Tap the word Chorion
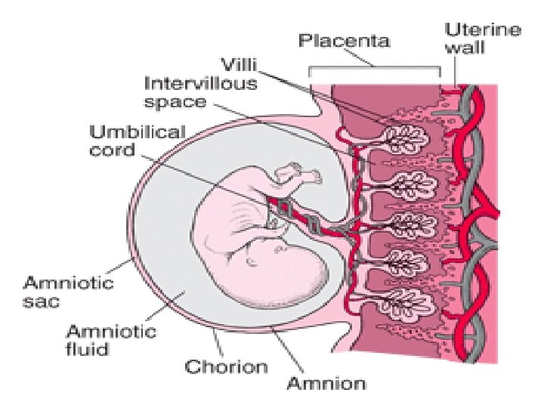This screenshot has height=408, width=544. [x=227, y=367]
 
